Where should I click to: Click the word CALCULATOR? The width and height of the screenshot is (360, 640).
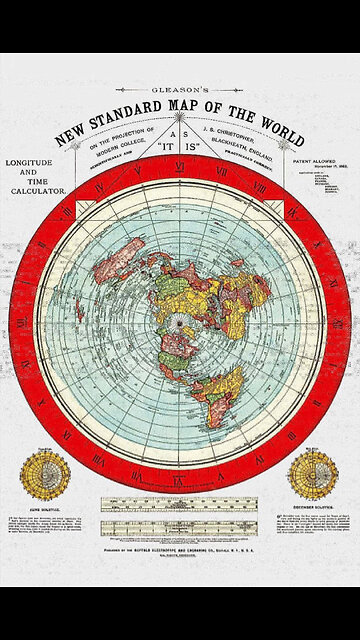click(x=37, y=189)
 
